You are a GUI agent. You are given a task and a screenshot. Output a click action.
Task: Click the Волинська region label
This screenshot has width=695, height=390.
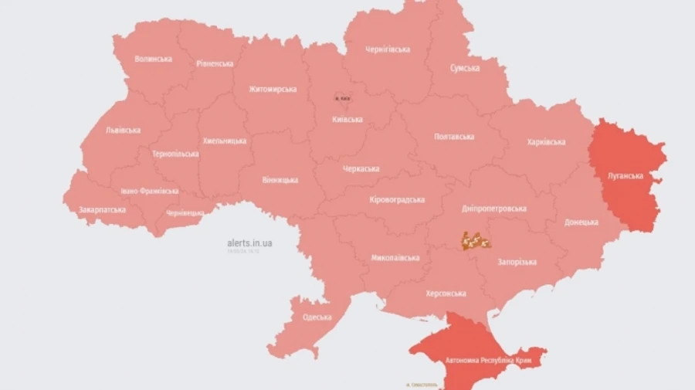coord(153,59)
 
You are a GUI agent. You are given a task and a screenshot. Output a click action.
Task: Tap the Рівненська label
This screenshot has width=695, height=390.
coord(215,63)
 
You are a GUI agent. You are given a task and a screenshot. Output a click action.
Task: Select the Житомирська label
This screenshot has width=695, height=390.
coord(273,89)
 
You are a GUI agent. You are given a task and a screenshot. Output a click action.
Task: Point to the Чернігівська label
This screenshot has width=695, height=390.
coord(388,49)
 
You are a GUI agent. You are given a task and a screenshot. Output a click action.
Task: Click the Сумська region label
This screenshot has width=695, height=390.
coord(465,68)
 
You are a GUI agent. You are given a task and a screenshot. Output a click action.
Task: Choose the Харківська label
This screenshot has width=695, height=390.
coord(546,142)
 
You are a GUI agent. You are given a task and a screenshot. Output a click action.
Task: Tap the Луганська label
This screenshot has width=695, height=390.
coord(625,175)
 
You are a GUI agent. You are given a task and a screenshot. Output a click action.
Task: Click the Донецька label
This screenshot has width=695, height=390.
coord(581,222)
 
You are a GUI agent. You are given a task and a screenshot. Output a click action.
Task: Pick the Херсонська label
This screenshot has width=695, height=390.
coord(446,293)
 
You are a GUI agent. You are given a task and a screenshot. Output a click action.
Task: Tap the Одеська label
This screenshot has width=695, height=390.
coord(317,317)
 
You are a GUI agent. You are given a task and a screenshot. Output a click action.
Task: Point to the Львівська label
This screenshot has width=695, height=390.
coord(123,131)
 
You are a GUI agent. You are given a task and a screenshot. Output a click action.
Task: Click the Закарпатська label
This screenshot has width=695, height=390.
coord(102,209)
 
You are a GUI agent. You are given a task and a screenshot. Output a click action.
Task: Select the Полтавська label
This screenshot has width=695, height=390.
coord(454,137)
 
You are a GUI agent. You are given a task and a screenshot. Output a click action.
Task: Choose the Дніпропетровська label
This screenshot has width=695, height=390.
coord(495,209)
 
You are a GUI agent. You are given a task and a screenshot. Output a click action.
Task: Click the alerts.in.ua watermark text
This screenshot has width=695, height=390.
coord(249,242)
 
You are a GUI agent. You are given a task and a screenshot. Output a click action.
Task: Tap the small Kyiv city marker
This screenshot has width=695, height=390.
coord(341,98)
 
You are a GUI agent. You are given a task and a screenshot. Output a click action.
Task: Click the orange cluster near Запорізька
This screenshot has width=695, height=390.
coord(476,241)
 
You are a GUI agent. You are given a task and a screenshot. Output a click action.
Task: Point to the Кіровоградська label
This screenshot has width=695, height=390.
coord(397,200)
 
